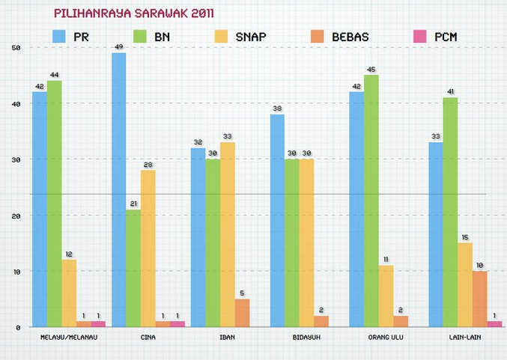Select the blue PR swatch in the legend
[x=60, y=36]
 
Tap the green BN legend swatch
[x=141, y=36]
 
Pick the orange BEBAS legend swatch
[x=318, y=36]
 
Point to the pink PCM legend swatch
[x=420, y=36]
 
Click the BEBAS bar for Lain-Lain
[x=479, y=299]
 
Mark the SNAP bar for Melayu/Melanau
[x=69, y=293]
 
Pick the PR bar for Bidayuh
[x=277, y=220]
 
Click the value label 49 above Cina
[x=118, y=47]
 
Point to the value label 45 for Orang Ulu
[x=371, y=70]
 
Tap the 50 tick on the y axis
[x=16, y=48]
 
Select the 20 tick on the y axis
[x=16, y=216]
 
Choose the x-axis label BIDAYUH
[x=306, y=338]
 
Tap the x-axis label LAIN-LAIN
[x=465, y=338]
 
